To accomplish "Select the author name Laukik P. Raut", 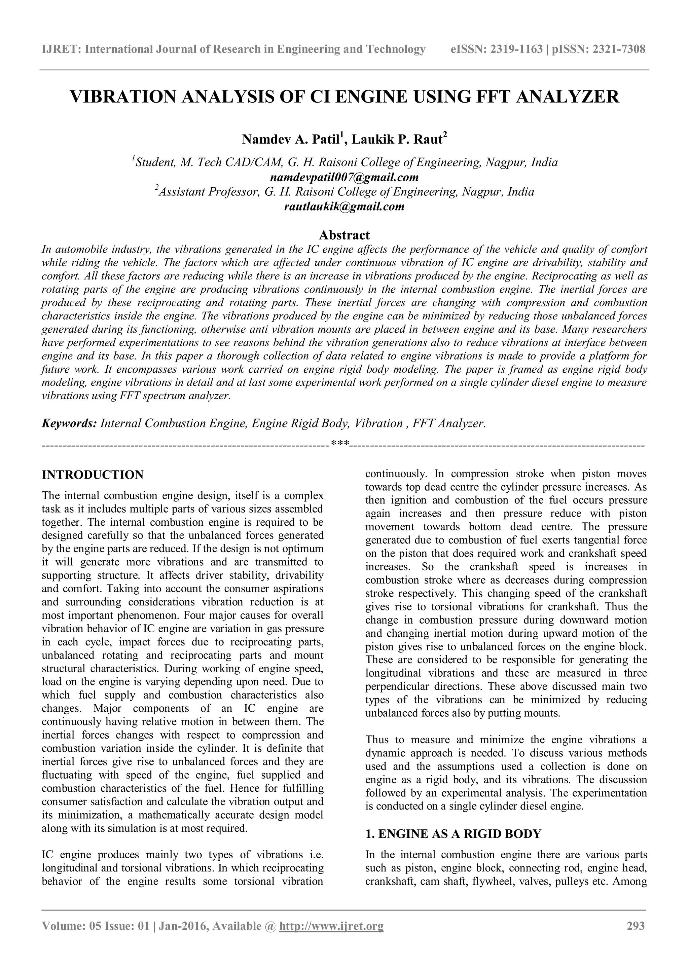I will click(397, 139).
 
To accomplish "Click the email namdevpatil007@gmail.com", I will click(344, 177).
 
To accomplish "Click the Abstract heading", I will click(344, 235).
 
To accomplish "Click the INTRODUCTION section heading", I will click(93, 475).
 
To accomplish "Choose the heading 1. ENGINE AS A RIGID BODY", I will click(453, 834).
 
